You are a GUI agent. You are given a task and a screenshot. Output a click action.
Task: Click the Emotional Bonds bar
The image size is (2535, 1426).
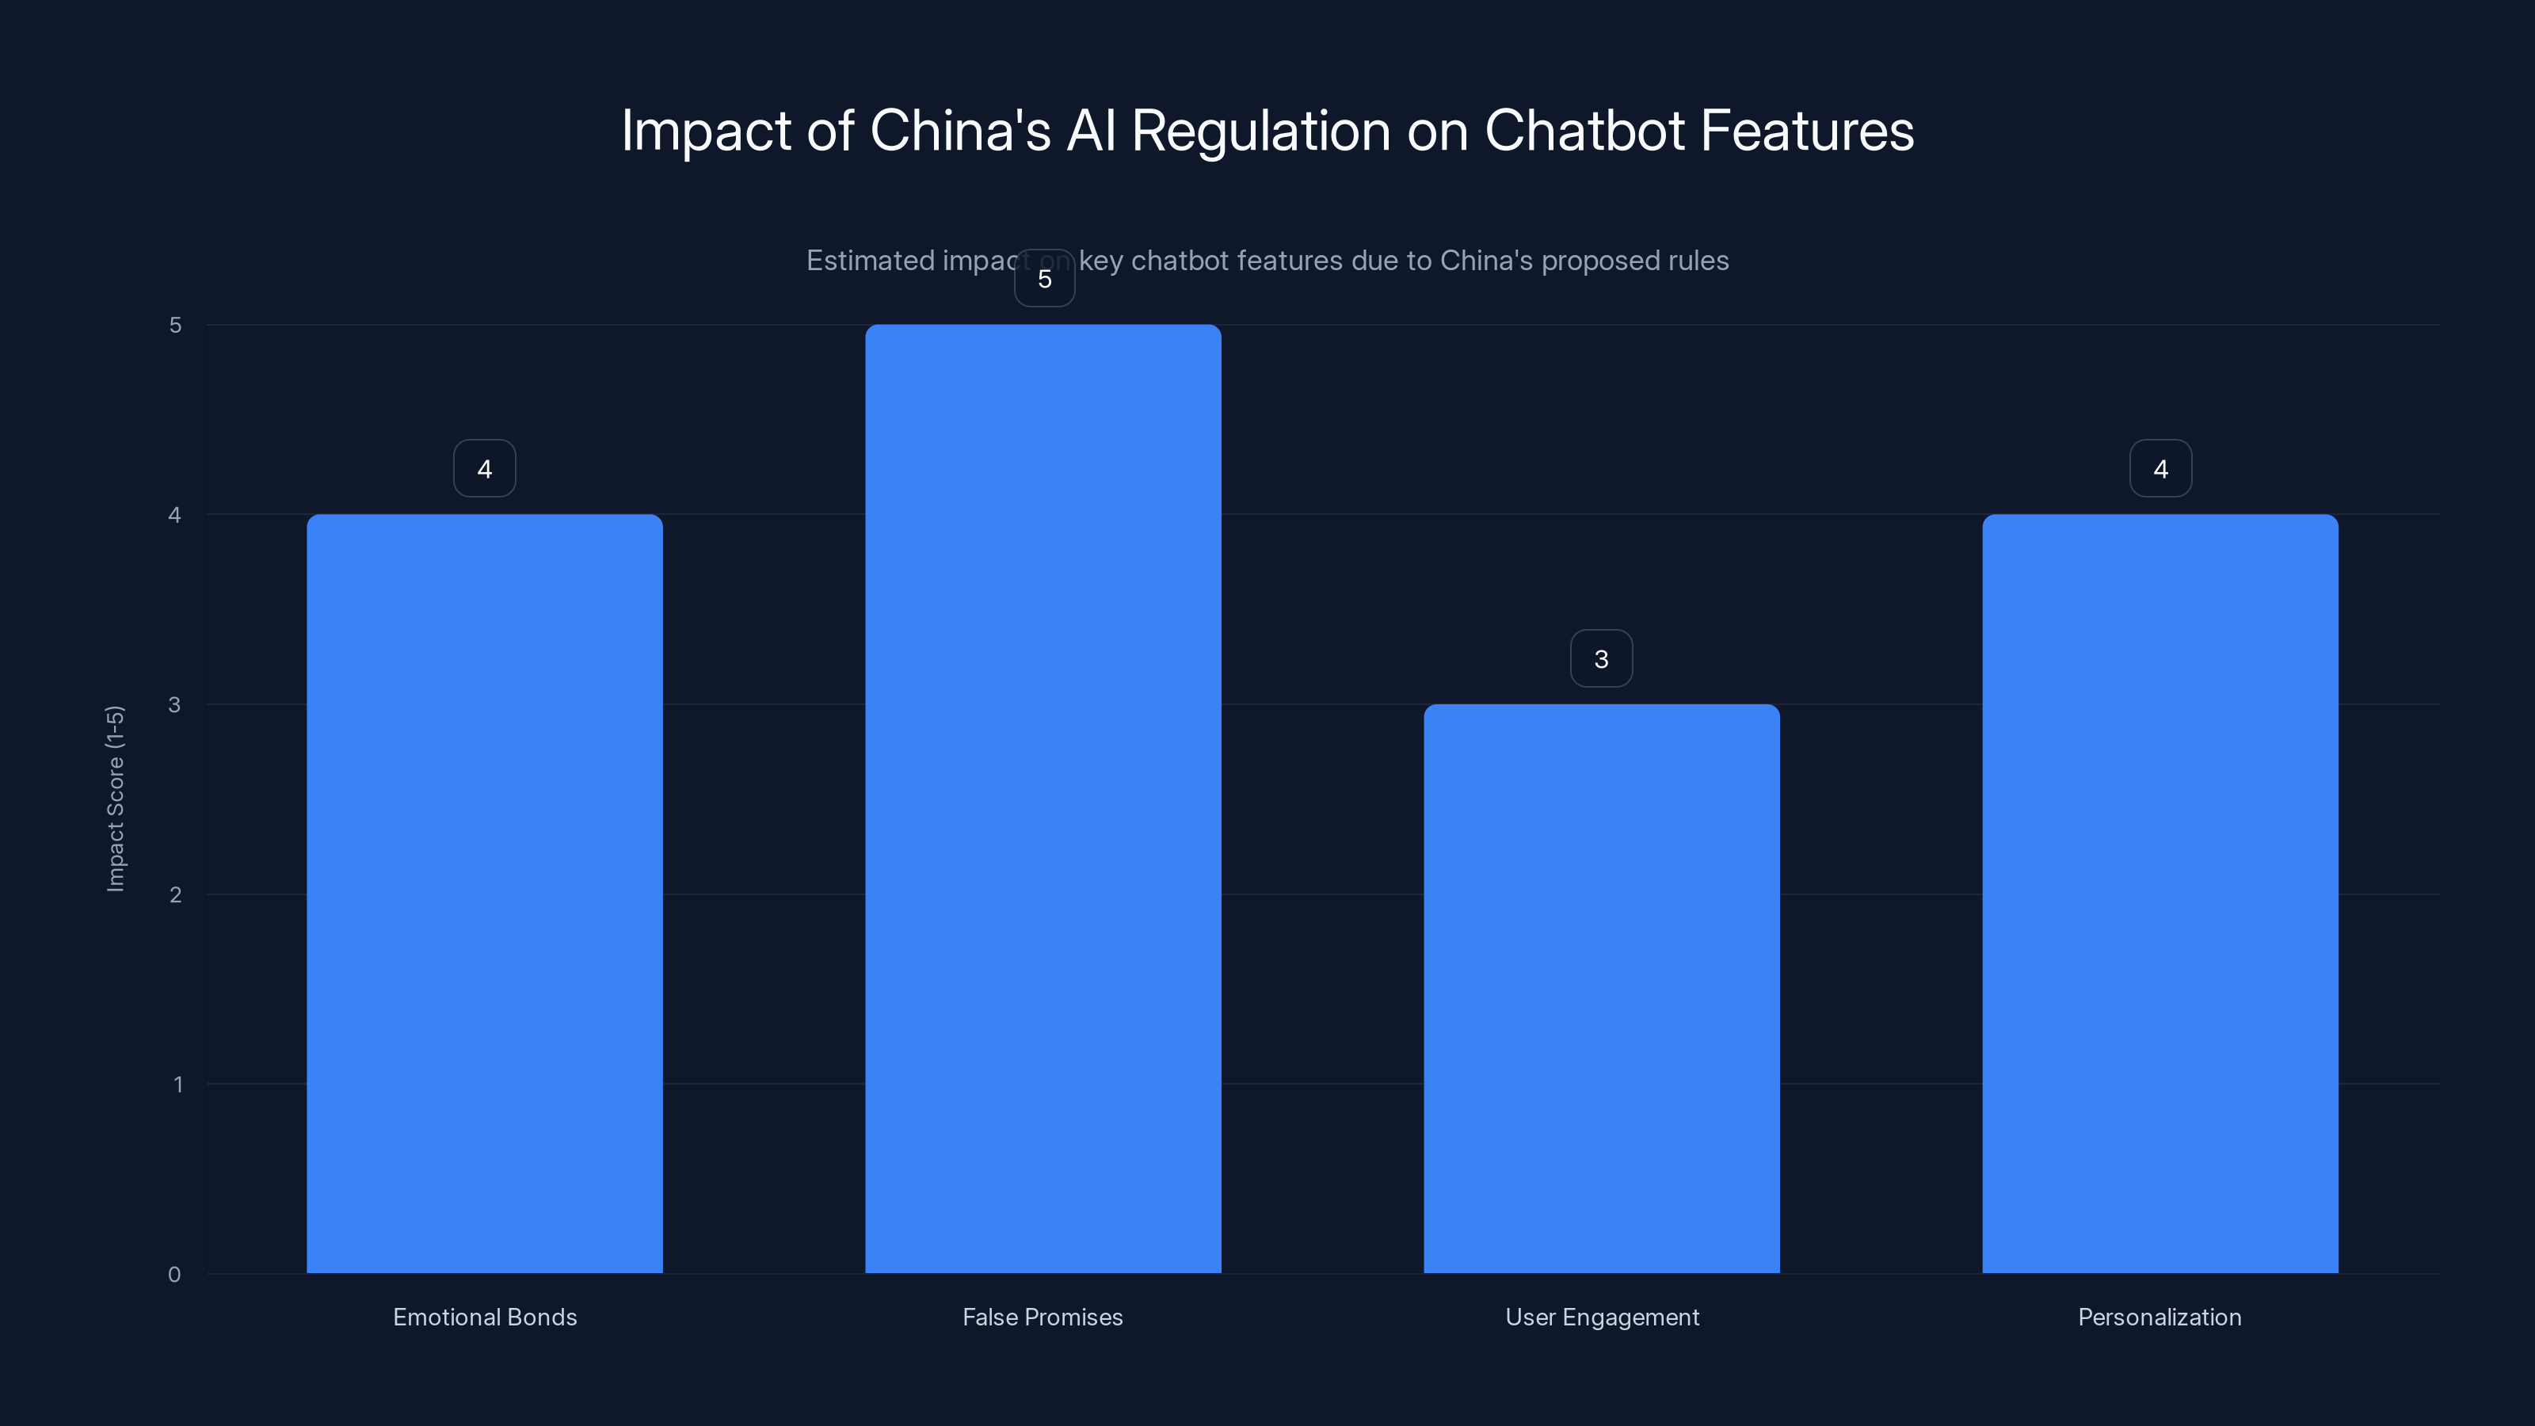484,894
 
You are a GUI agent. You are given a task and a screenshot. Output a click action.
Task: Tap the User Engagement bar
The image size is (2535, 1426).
1601,988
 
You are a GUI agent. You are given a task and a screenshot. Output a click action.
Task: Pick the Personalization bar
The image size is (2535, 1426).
2160,894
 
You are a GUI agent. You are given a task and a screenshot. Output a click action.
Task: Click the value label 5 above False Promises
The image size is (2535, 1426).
1044,279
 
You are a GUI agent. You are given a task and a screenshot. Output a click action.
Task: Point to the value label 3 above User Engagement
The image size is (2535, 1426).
1601,658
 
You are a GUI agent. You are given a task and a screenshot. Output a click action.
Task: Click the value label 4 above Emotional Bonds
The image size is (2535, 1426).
484,468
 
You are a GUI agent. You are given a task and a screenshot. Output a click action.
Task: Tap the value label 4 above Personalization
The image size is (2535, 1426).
2160,468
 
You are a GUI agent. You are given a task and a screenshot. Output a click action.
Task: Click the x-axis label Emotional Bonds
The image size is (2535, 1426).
484,1317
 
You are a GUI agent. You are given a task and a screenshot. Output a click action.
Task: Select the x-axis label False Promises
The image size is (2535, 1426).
1043,1317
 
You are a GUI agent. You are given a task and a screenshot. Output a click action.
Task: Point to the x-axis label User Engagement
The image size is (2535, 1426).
1602,1317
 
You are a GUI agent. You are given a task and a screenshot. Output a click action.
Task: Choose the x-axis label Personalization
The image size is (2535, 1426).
2159,1317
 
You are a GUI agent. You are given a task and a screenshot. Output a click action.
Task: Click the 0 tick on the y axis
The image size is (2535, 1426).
174,1275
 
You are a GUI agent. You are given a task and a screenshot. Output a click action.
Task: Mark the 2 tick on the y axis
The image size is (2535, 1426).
175,894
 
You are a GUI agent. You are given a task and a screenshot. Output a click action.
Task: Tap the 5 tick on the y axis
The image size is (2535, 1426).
175,325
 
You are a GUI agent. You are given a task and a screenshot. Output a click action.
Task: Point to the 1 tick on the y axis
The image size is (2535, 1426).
177,1085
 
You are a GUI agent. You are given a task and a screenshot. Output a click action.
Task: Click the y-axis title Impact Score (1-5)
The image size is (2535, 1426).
115,798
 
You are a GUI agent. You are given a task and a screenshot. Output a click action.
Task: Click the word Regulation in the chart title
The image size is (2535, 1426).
1260,132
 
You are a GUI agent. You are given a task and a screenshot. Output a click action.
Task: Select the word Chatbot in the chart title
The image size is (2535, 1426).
1584,130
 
